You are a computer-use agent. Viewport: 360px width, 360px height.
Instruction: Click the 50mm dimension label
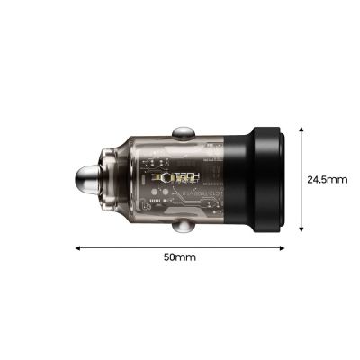(180, 256)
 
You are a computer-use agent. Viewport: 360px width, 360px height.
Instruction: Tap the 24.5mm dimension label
(327, 179)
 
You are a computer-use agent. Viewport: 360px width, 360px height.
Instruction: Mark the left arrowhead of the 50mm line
(79, 247)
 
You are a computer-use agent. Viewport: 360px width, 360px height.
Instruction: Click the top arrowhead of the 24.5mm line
(300, 127)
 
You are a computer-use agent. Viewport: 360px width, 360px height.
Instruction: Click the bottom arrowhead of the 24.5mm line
(300, 231)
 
